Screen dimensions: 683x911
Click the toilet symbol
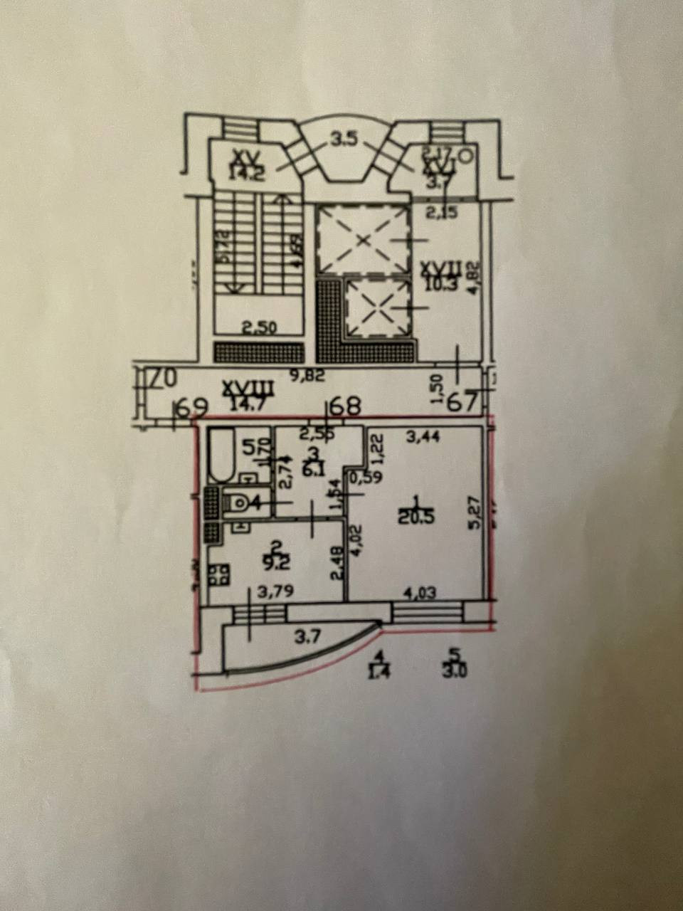click(x=238, y=502)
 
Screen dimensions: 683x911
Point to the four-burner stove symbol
click(x=218, y=574)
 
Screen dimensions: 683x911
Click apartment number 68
click(x=346, y=406)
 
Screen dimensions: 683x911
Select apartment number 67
click(x=462, y=403)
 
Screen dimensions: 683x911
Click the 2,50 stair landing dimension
click(x=259, y=329)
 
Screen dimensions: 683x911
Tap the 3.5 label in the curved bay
click(x=343, y=139)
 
